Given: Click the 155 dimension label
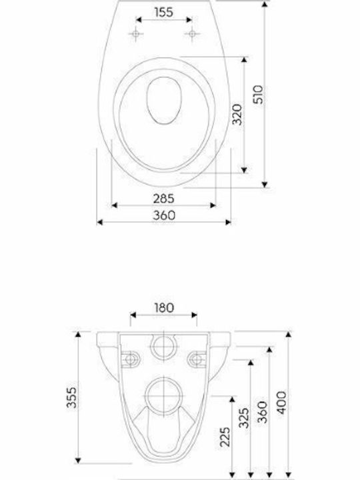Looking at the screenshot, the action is pos(164,12).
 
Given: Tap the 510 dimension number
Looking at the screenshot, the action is pos(259,95).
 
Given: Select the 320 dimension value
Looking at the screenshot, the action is pos(237,115).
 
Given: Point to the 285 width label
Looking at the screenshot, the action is pos(164,199).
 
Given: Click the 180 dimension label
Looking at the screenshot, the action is pos(164,307).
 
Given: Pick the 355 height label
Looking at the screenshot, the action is pos(71,397).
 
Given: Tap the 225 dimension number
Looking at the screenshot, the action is pos(225,437).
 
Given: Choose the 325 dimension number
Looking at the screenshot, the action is pos(244,417).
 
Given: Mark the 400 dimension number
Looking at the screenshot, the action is pos(282,402).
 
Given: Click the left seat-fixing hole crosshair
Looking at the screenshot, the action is pos(135,33).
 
